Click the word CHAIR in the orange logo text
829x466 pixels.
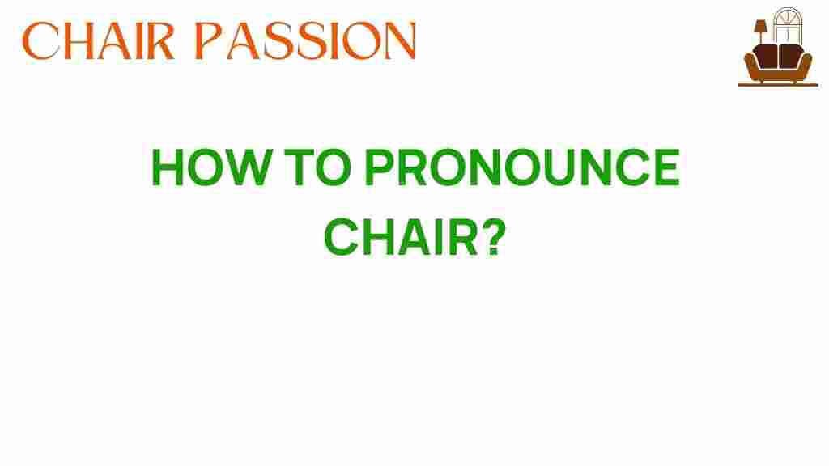[98, 40]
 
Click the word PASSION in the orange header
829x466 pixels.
[305, 40]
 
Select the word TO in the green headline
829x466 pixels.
[317, 167]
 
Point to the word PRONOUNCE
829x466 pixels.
[522, 167]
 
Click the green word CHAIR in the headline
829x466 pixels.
[402, 237]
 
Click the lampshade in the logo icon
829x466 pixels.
[760, 27]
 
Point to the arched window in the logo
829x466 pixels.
[788, 25]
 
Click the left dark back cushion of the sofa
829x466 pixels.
[766, 56]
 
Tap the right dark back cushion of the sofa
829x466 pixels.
[791, 56]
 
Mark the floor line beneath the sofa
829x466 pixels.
[778, 84]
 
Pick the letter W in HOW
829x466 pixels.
[250, 167]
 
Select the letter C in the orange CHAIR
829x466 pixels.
[40, 40]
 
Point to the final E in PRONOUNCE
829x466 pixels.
[667, 167]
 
